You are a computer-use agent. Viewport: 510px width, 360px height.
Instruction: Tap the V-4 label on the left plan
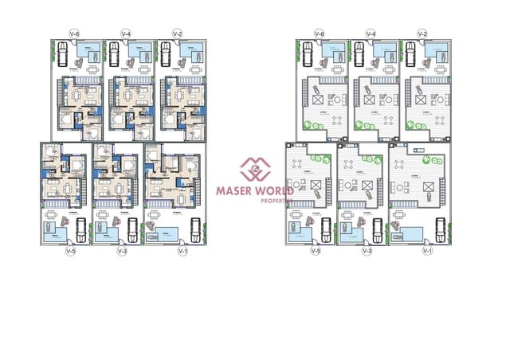(126, 33)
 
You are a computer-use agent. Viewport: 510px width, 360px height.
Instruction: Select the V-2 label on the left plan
(177, 33)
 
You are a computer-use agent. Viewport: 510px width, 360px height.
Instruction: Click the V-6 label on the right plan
(320, 33)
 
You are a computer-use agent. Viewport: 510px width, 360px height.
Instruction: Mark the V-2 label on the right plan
(422, 33)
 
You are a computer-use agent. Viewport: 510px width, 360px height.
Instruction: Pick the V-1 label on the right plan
(426, 252)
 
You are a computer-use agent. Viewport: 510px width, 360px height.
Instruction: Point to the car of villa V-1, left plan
(192, 229)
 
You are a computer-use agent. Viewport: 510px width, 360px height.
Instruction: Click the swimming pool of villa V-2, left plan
(192, 52)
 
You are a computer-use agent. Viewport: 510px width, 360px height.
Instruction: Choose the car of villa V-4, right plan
(359, 54)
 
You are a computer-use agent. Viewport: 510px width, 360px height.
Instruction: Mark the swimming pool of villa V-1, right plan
(411, 233)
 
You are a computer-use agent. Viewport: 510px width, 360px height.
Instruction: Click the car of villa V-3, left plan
(132, 229)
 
